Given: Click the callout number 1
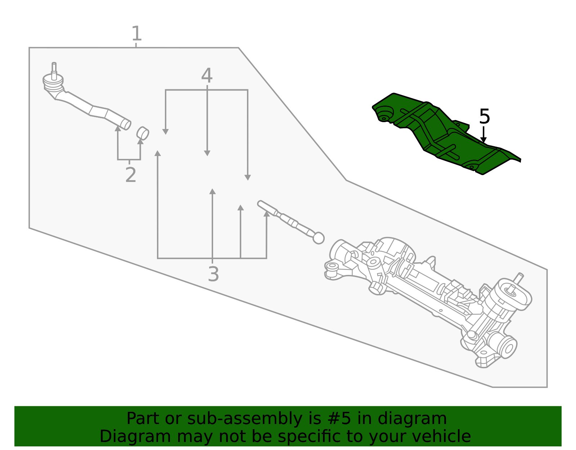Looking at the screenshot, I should point(136,34).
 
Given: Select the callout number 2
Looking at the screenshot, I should point(130,175).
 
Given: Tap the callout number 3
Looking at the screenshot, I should point(213,275).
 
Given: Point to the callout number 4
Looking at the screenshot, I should point(207,76).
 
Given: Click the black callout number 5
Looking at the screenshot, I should point(485,117).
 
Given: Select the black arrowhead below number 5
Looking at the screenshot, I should point(483,139).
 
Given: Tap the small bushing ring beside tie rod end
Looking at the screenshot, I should point(143,133).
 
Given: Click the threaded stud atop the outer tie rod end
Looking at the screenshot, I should point(54,68).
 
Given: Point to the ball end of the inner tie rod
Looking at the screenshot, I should point(319,238).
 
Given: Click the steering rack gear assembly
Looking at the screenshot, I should point(425,292).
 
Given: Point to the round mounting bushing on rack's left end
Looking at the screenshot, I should point(332,267).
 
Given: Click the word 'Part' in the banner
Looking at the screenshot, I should point(142,419).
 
